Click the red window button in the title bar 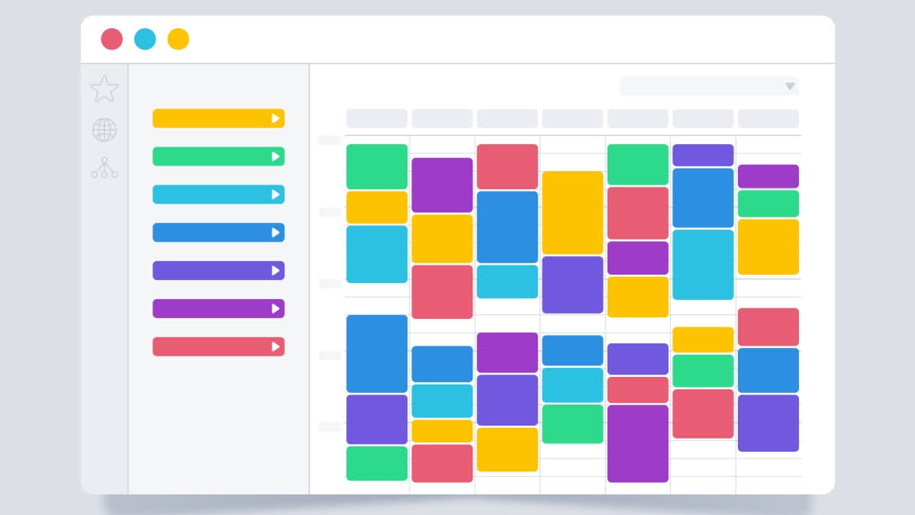click(111, 39)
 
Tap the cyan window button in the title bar click(145, 39)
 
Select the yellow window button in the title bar click(178, 39)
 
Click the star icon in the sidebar click(104, 89)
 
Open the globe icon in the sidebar click(104, 130)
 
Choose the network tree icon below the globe click(104, 168)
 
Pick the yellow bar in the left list click(213, 118)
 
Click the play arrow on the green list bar click(275, 156)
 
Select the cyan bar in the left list click(213, 195)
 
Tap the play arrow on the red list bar click(275, 346)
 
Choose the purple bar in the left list click(213, 308)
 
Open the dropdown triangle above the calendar click(790, 86)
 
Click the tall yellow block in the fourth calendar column click(573, 212)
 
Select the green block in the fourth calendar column click(573, 423)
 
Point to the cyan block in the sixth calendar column click(703, 264)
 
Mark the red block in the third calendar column click(508, 166)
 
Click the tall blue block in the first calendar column click(377, 353)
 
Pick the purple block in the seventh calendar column click(769, 176)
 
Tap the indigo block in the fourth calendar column click(573, 285)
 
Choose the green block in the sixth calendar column click(703, 371)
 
